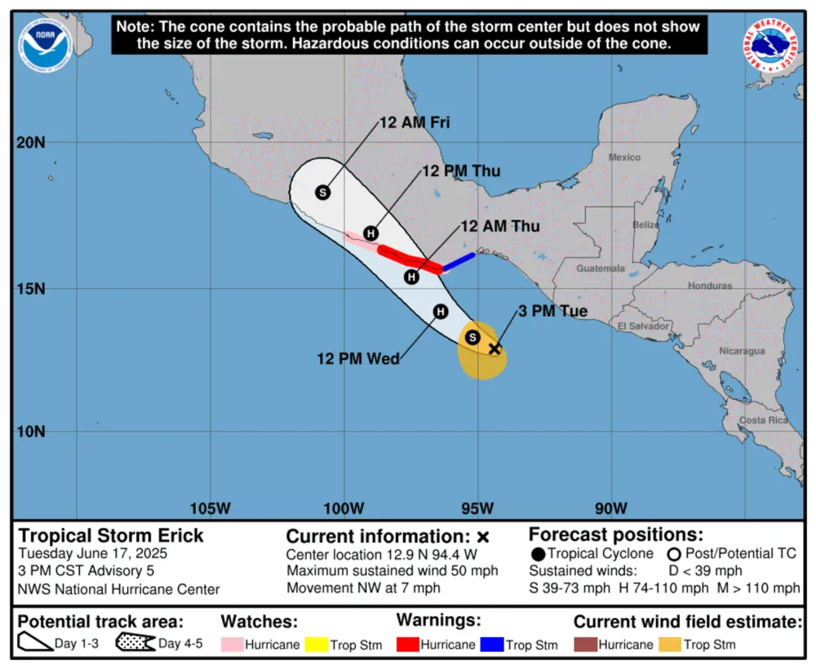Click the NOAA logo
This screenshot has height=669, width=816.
[x=47, y=46]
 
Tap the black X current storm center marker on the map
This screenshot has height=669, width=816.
[x=494, y=348]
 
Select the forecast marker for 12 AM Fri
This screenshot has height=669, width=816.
[x=323, y=192]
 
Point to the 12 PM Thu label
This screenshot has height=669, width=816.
[x=461, y=171]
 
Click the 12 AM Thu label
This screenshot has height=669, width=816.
[x=499, y=226]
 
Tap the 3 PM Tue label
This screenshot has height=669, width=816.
[x=552, y=312]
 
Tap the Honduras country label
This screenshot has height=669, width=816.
[x=711, y=286]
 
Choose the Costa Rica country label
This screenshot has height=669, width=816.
[x=763, y=419]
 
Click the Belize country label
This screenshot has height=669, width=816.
[x=646, y=224]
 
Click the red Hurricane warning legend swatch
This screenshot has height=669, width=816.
[x=407, y=645]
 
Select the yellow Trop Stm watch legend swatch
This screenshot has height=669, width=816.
[x=314, y=645]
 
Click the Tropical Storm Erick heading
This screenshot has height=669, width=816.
[x=111, y=536]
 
